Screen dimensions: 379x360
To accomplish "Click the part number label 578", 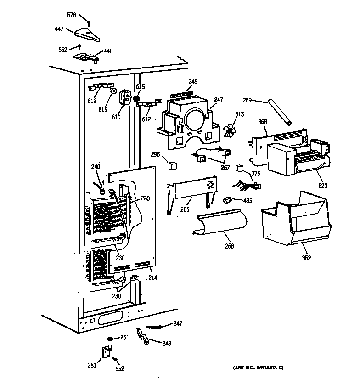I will click(72, 16).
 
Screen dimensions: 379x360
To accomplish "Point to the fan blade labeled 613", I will click(230, 131).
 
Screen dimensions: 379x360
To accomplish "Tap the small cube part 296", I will click(173, 164).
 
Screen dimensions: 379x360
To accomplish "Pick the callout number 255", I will click(185, 209).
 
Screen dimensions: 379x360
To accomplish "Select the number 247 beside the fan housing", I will click(218, 99).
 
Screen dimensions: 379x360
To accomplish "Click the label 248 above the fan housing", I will click(193, 82).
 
